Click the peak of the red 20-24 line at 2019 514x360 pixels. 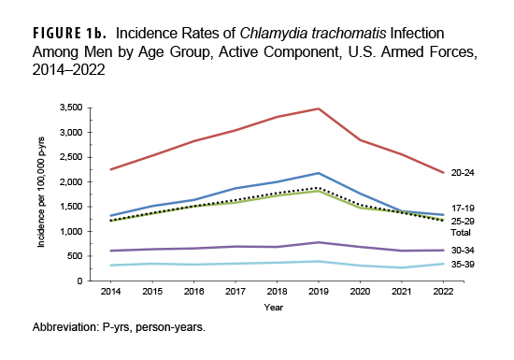tap(320, 109)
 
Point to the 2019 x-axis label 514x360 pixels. tap(320, 291)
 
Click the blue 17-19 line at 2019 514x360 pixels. tap(320, 173)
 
